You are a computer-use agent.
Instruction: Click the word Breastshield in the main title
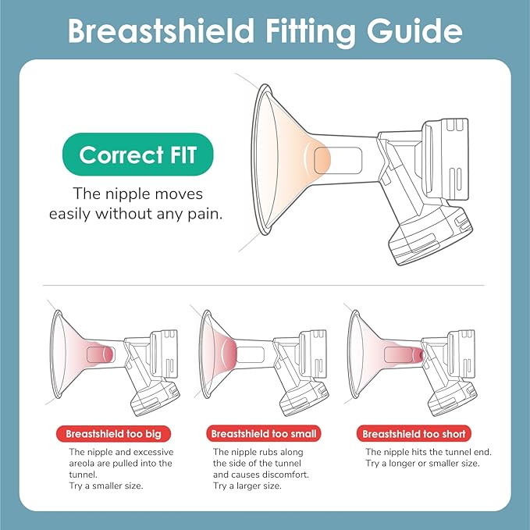162,30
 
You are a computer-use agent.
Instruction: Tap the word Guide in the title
414,30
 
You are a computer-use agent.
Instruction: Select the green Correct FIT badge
138,155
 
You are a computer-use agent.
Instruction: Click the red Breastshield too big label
114,434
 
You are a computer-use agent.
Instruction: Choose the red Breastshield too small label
264,434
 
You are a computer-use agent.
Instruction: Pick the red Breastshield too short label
414,434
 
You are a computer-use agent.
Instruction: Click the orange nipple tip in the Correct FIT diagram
323,160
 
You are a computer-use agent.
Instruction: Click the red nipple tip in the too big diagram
108,354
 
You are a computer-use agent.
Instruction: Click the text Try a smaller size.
106,486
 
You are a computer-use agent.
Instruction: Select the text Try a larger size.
247,486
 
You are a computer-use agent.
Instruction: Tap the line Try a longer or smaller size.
422,463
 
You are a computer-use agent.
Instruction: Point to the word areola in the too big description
80,463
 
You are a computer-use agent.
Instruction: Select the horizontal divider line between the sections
264,285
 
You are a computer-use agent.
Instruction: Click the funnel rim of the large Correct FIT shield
259,159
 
